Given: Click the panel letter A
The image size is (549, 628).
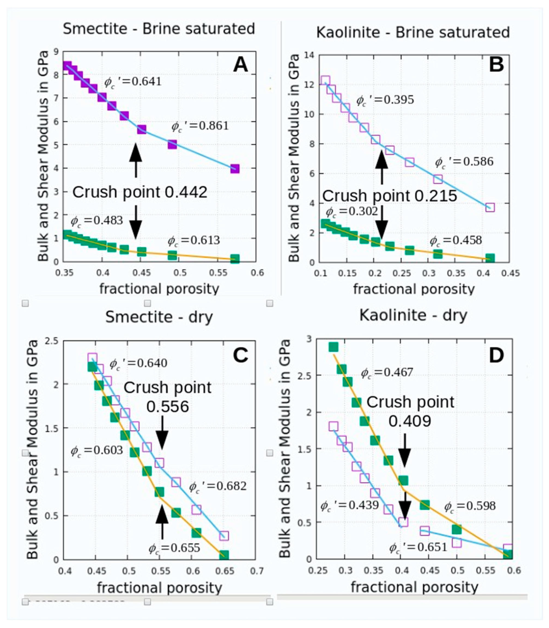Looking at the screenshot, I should [241, 65].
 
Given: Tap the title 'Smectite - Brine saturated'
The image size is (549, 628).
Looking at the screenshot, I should [159, 29].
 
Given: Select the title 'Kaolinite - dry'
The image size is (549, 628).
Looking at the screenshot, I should [413, 315].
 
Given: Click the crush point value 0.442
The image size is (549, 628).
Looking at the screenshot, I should [186, 192].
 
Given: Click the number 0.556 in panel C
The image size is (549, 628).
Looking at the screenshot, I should [167, 407].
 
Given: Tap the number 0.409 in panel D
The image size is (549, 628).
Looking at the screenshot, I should [410, 422].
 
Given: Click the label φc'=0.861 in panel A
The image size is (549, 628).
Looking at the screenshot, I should [200, 126].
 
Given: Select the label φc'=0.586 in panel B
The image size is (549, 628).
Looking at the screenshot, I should [464, 162].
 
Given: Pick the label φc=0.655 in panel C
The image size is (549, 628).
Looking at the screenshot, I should [174, 556].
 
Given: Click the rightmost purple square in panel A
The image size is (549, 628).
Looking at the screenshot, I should [235, 169].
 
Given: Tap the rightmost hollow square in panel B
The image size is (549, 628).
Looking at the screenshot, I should [490, 207].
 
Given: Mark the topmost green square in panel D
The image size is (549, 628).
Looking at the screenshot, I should [333, 347].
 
